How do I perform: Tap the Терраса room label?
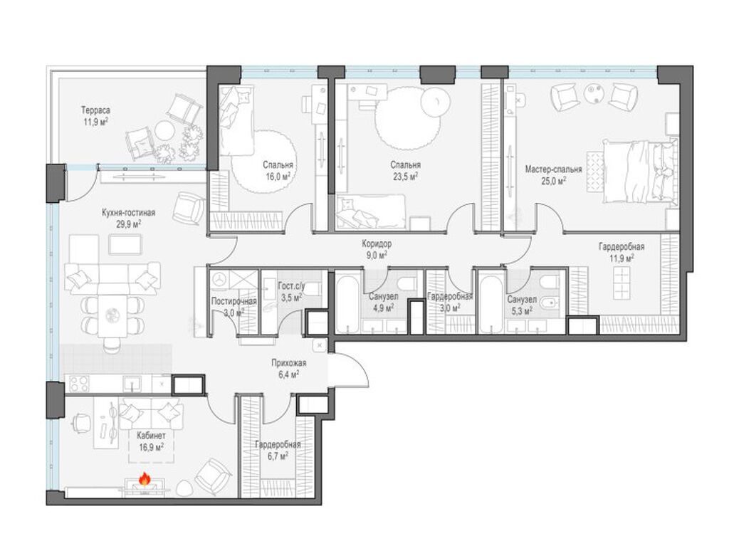(x=95, y=110)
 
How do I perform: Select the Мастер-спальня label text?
(x=553, y=169)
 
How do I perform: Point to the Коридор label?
(x=376, y=243)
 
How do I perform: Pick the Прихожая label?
(x=289, y=363)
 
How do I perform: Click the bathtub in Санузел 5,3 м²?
(x=491, y=304)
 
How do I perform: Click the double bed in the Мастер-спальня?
(x=640, y=171)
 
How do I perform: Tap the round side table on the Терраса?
(x=164, y=130)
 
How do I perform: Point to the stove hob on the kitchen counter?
(x=78, y=384)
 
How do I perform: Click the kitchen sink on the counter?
(x=132, y=384)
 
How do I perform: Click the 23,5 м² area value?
(x=405, y=176)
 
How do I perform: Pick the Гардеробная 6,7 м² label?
(x=278, y=450)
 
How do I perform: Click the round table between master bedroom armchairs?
(x=594, y=93)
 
